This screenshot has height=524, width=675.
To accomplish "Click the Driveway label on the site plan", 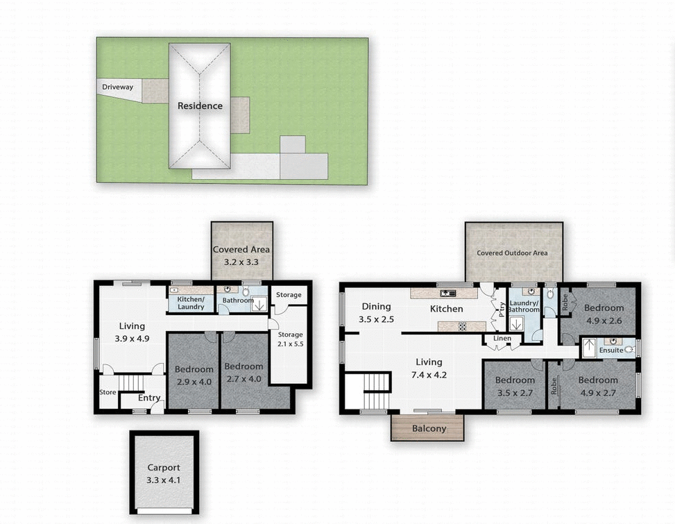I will click(117, 87).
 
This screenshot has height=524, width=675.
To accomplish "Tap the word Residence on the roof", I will click(200, 106).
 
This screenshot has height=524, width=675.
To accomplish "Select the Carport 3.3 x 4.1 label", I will click(164, 473).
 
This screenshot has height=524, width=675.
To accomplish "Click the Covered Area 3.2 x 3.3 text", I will click(241, 255).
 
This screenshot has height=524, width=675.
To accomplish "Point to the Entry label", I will click(149, 398).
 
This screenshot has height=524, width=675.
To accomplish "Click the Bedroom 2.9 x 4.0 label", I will click(194, 374).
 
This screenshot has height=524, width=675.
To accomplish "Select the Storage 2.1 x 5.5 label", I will click(290, 339).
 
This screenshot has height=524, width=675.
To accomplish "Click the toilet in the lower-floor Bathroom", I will click(245, 291).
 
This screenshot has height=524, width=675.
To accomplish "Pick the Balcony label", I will click(429, 428).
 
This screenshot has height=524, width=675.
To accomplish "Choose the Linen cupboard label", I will click(502, 339).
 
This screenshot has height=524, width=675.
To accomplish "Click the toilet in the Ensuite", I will click(629, 350).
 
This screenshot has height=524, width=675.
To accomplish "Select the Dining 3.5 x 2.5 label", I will click(376, 313).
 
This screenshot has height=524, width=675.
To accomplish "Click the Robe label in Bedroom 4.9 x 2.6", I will click(565, 302).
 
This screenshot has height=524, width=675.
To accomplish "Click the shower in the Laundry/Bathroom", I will click(516, 323).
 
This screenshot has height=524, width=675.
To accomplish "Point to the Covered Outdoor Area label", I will click(512, 253).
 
